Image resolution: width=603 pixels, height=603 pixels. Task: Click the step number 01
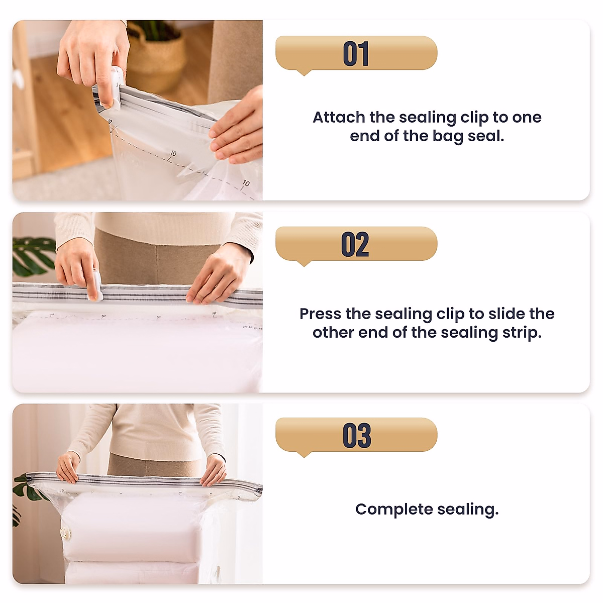click(356, 54)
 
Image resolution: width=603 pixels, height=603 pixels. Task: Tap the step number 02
click(355, 245)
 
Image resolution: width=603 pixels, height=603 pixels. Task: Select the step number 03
click(356, 436)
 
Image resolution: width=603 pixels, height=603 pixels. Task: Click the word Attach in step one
click(339, 117)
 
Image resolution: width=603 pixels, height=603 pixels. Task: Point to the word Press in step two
click(320, 314)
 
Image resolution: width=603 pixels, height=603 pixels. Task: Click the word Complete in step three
click(394, 509)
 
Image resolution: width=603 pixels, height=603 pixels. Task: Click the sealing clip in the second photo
click(95, 287)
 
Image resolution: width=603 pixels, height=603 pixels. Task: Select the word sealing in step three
click(467, 510)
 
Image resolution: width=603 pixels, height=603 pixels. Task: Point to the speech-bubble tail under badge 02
click(304, 263)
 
